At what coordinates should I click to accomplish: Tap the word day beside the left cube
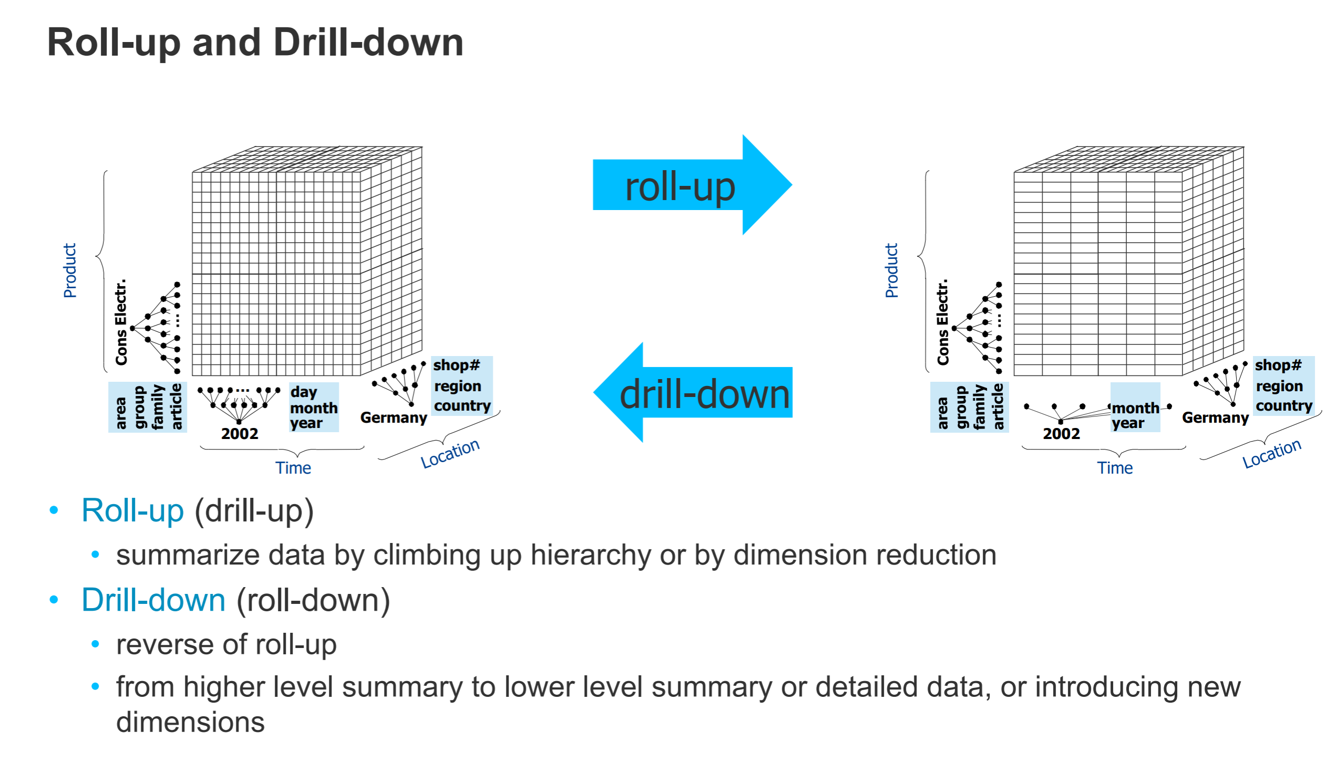[304, 392]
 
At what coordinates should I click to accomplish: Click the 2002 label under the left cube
[240, 434]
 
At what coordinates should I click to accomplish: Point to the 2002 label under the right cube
[1061, 434]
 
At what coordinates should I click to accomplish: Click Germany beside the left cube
[393, 418]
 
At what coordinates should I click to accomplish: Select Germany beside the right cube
[1215, 418]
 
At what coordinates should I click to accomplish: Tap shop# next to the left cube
[457, 365]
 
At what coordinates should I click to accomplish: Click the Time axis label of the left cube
[293, 468]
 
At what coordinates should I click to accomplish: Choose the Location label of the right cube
[1271, 453]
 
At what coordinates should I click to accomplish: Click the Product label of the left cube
[70, 270]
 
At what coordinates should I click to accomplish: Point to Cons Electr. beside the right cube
[943, 322]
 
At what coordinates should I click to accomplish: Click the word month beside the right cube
[1135, 408]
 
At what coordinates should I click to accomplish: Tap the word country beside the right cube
[1283, 406]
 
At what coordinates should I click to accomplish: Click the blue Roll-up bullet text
[133, 510]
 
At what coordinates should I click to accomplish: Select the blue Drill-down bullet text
[153, 600]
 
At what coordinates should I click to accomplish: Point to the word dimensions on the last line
[190, 722]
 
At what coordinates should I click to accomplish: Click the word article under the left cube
[176, 407]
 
